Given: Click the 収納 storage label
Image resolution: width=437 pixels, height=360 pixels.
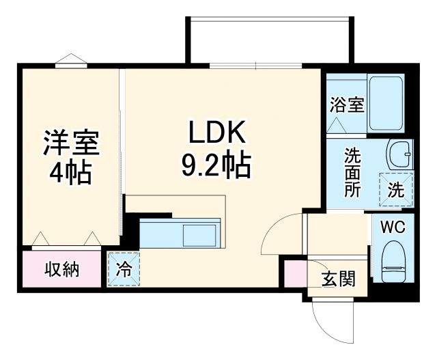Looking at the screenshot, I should click(62, 269).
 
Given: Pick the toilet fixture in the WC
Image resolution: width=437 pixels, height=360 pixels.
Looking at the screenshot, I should click(394, 263).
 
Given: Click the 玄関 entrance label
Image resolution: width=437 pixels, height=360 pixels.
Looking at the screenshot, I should click(338, 279).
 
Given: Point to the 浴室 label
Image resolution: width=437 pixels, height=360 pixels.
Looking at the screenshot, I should click(346, 105).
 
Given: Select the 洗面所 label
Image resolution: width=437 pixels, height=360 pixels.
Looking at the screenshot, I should click(351, 171).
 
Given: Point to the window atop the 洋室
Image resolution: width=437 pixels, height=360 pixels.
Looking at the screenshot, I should click(71, 64).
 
